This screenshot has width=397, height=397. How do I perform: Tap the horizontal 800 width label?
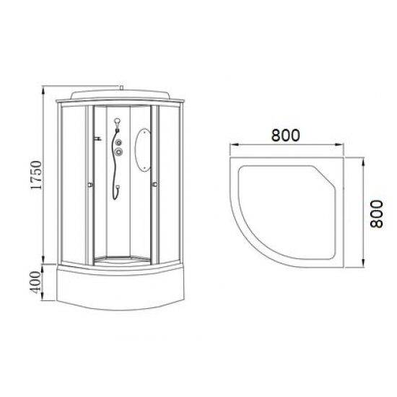(x=287, y=134)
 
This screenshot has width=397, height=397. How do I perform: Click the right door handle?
(x=155, y=186)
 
